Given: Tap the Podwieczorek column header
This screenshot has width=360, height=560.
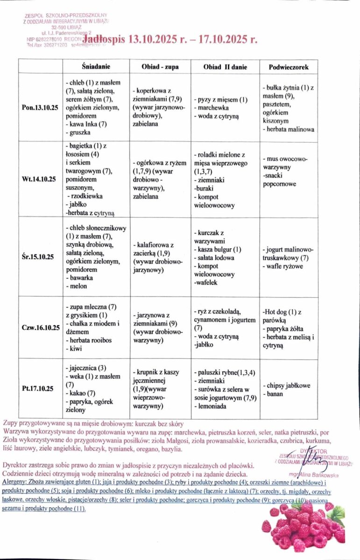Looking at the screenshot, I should tap(288, 67).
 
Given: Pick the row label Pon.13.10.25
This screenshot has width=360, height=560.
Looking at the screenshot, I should tap(40, 108).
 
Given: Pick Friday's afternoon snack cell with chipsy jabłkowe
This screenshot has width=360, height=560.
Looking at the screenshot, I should tap(282, 390).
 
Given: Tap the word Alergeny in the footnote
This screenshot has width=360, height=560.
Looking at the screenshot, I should tap(14, 481).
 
